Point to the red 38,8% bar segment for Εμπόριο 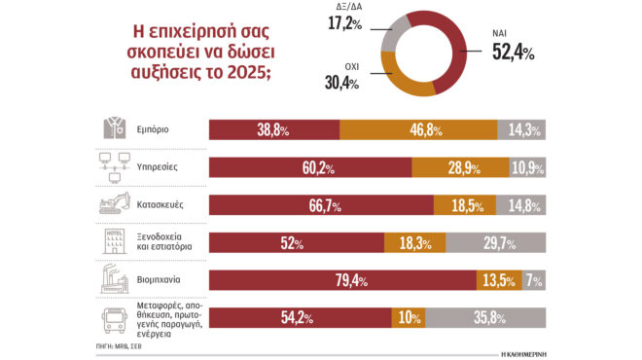click(274, 129)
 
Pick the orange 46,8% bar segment click(417, 129)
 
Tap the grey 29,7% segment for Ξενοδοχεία click(502, 243)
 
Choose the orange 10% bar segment click(408, 318)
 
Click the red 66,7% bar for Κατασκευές click(321, 205)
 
